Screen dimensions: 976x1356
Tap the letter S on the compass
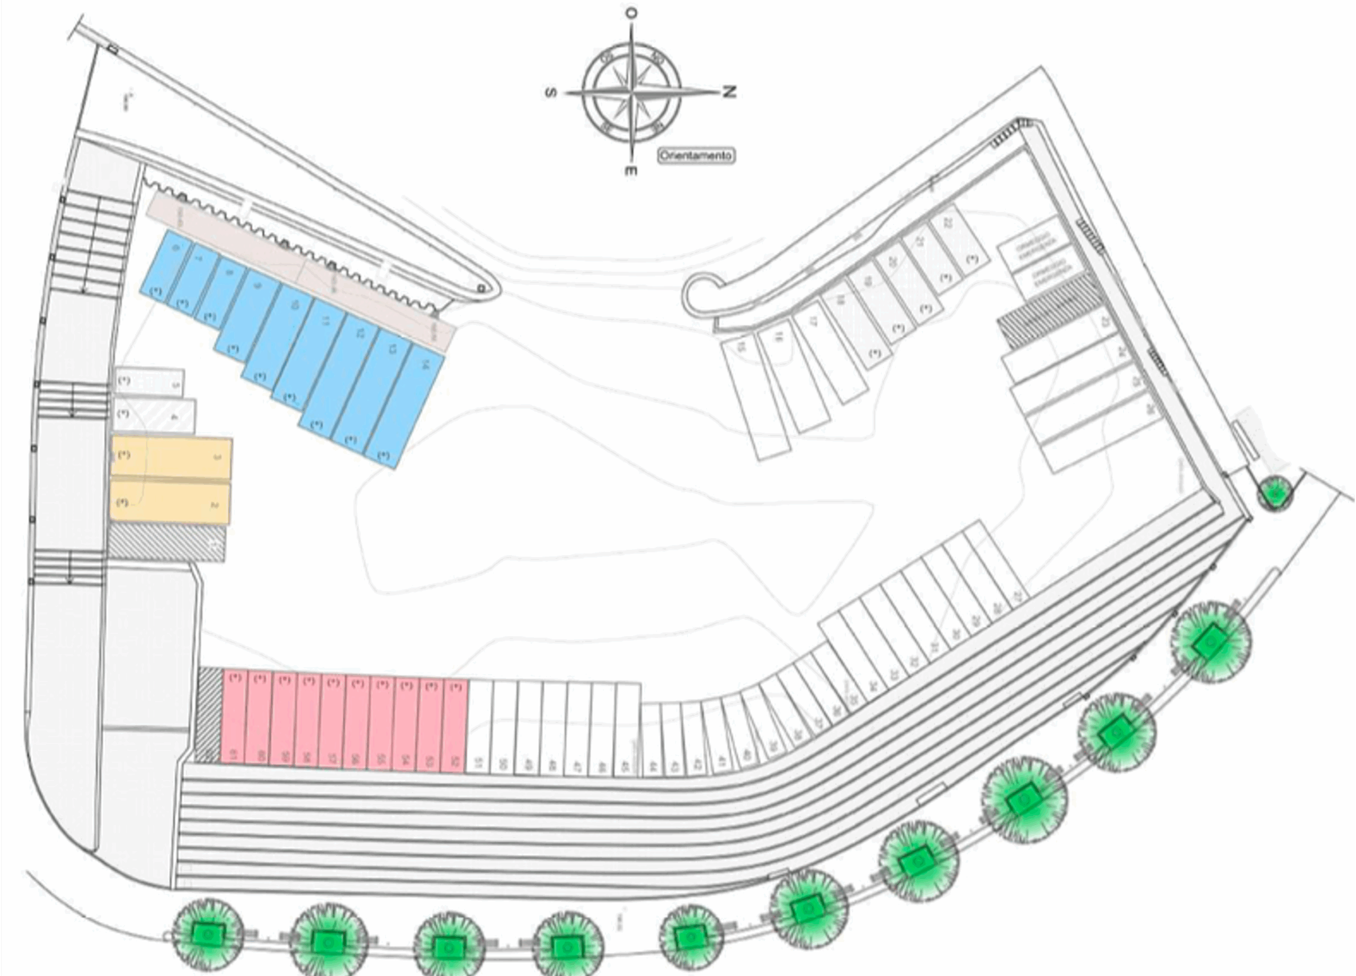[x=551, y=93]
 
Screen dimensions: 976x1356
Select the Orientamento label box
[x=696, y=155]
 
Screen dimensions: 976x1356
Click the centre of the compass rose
[x=632, y=92]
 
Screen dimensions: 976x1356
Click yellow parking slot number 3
[x=172, y=459]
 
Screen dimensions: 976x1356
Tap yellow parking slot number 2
[x=171, y=503]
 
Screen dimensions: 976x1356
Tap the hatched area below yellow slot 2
[x=167, y=543]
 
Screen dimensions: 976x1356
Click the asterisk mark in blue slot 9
[x=234, y=348]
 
